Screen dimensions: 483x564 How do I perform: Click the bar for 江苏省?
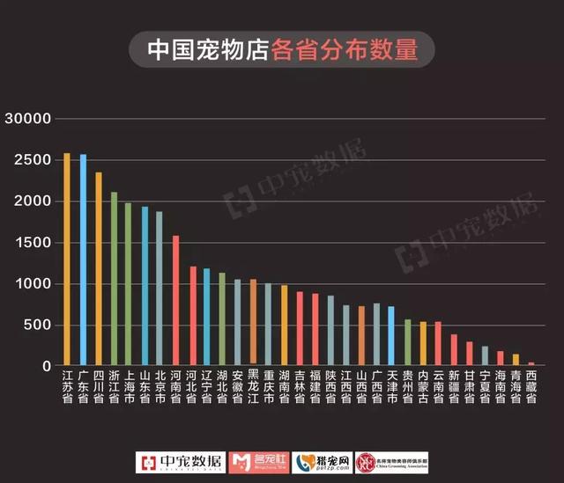67,260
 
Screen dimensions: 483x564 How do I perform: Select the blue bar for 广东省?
83,260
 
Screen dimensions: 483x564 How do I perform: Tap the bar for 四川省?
99,269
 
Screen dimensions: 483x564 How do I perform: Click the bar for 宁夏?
485,355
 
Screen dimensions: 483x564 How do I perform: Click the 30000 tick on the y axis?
29,119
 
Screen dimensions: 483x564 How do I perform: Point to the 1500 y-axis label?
35,243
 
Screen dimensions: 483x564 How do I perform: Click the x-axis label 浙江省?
114,385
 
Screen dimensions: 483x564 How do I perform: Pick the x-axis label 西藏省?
531,385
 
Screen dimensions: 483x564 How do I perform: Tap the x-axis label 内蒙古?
422,385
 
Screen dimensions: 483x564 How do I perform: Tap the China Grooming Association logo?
391,463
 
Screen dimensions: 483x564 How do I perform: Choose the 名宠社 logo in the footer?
256,463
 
